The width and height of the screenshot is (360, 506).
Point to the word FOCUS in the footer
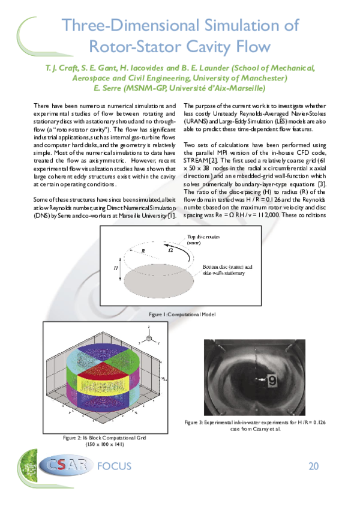coord(113,467)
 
